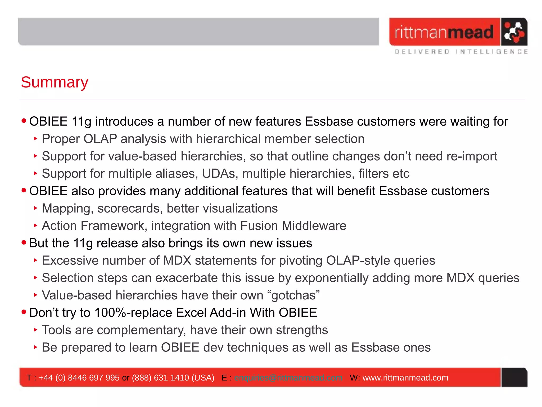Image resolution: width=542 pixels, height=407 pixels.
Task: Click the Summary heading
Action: (55, 82)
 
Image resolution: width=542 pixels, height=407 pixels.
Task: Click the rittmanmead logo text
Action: (444, 32)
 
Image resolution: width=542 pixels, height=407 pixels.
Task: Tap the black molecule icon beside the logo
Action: (514, 32)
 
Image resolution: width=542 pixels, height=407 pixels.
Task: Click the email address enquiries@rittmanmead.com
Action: (288, 378)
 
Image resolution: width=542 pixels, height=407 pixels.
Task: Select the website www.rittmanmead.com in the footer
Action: (405, 378)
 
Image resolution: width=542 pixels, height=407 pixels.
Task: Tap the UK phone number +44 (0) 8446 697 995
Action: (79, 378)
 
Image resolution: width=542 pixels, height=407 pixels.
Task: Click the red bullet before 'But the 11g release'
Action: (24, 242)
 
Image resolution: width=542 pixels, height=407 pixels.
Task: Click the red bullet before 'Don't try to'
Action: (24, 312)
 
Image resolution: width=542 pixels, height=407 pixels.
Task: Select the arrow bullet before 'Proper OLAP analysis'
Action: (36, 138)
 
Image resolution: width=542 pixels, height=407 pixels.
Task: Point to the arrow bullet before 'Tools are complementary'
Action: (36, 330)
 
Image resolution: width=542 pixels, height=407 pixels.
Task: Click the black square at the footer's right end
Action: (514, 377)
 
